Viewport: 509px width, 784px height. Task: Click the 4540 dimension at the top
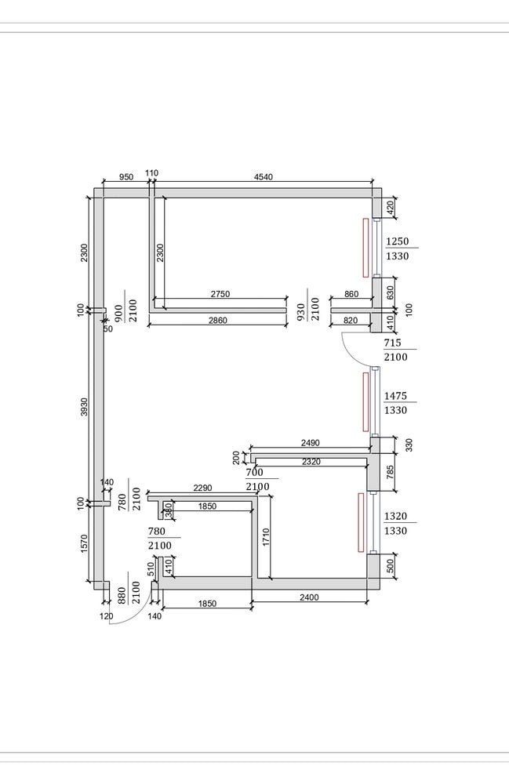point(264,177)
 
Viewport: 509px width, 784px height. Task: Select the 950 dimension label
point(125,177)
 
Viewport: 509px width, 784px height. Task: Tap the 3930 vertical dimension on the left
point(85,408)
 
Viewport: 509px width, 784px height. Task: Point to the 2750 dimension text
point(220,294)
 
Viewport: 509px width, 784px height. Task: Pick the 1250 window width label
point(398,241)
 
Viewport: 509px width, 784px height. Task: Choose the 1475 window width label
point(398,396)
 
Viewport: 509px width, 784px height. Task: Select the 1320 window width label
point(398,517)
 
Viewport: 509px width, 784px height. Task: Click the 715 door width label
point(393,343)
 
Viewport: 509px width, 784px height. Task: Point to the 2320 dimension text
point(311,463)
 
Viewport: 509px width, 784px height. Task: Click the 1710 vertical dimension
point(266,538)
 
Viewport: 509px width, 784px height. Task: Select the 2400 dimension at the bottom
point(309,597)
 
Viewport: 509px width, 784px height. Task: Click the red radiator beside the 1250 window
point(365,247)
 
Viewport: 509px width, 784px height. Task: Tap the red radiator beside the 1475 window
point(365,401)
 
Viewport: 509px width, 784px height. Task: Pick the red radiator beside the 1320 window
point(361,522)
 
